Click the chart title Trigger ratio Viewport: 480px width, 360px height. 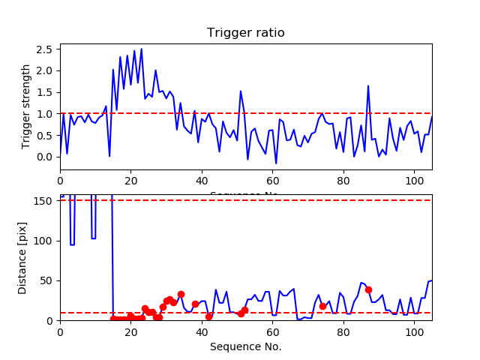click(x=246, y=33)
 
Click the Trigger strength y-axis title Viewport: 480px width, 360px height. click(x=26, y=106)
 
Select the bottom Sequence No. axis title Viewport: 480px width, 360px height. click(x=246, y=346)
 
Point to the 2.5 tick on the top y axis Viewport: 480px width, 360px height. click(x=46, y=49)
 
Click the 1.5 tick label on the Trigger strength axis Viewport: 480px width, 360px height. click(x=46, y=92)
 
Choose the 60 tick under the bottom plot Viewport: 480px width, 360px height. click(x=272, y=331)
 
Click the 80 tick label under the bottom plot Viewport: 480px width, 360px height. click(x=343, y=331)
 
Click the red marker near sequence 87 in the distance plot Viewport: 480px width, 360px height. click(x=368, y=289)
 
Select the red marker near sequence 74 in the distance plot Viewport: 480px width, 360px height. click(x=322, y=306)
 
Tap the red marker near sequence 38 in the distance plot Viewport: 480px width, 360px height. click(x=195, y=304)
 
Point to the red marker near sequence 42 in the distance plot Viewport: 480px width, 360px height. click(x=208, y=316)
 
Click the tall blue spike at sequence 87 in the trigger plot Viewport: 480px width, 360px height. click(x=368, y=85)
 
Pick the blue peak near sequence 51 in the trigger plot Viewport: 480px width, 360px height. click(x=241, y=91)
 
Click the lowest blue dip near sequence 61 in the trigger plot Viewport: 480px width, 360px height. click(x=276, y=163)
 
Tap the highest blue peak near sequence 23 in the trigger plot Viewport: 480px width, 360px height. click(x=141, y=49)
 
